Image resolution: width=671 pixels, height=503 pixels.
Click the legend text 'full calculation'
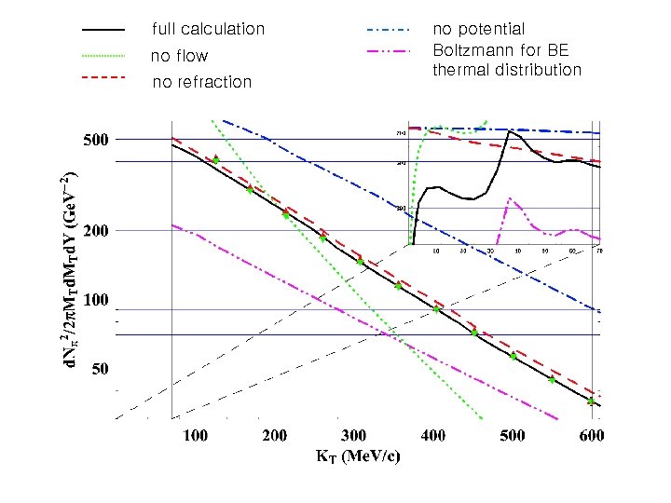point(208,30)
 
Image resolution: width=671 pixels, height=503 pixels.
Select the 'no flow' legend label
point(179,57)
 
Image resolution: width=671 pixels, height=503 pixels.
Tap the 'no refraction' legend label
point(201,82)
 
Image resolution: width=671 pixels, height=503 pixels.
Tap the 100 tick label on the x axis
point(194,436)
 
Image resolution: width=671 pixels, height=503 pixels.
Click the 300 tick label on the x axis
point(353,436)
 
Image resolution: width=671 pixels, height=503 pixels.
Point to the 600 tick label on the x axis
point(590,436)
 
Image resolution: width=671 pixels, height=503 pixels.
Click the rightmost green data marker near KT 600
point(591,401)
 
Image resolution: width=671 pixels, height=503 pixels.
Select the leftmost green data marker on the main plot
point(215,160)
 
